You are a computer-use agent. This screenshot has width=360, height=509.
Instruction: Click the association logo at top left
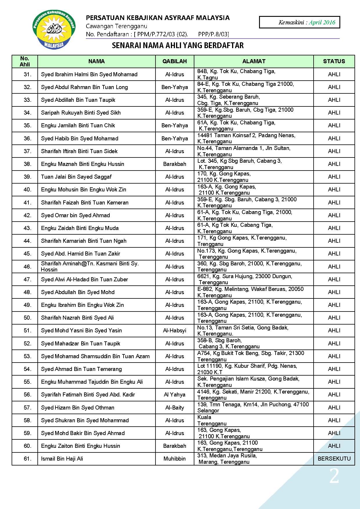pyautogui.click(x=54, y=30)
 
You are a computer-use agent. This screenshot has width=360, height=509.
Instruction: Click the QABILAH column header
pyautogui.click(x=174, y=61)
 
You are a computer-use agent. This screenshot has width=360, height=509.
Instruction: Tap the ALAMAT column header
pyautogui.click(x=254, y=61)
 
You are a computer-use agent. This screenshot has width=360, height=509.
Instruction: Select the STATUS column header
pyautogui.click(x=334, y=61)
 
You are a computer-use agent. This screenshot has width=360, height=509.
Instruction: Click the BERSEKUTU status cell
pyautogui.click(x=334, y=459)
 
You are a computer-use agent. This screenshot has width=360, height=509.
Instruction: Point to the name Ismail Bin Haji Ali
pyautogui.click(x=62, y=459)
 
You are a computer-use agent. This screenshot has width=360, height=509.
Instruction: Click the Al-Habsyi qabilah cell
pyautogui.click(x=174, y=330)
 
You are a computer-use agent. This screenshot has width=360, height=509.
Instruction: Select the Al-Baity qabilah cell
pyautogui.click(x=174, y=407)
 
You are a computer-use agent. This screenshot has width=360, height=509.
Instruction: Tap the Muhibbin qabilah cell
pyautogui.click(x=174, y=459)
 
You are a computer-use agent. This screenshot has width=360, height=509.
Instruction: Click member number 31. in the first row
pyautogui.click(x=27, y=74)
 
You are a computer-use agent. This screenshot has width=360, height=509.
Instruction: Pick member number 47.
pyautogui.click(x=27, y=279)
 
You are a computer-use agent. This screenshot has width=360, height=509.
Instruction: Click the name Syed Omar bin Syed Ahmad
pyautogui.click(x=75, y=215)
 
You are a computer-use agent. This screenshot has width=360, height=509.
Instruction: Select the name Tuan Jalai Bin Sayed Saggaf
pyautogui.click(x=76, y=177)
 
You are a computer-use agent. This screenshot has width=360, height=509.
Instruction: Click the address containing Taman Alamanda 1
pyautogui.click(x=244, y=151)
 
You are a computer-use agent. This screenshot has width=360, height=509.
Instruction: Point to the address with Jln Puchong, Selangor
pyautogui.click(x=253, y=407)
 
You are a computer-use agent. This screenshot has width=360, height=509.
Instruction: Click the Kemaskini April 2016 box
pyautogui.click(x=299, y=22)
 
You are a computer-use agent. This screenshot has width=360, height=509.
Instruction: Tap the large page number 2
pyautogui.click(x=334, y=476)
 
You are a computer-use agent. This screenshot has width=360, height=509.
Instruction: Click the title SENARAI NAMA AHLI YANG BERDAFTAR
pyautogui.click(x=178, y=46)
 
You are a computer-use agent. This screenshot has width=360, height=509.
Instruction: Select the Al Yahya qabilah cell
pyautogui.click(x=174, y=394)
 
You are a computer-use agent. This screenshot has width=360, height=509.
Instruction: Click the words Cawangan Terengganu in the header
pyautogui.click(x=116, y=26)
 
